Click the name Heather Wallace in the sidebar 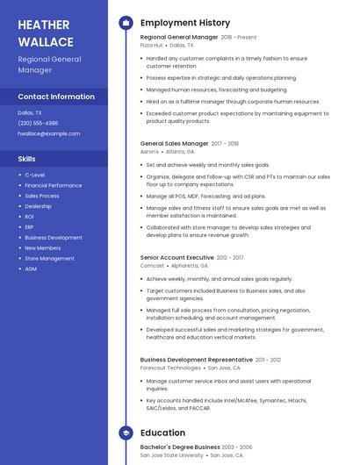(x=46, y=33)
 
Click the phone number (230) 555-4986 (x=38, y=123)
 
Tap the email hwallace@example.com (x=48, y=133)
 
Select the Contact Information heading (x=56, y=97)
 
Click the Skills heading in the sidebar (x=27, y=159)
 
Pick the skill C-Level (x=35, y=175)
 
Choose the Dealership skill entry (x=38, y=206)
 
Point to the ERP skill (x=30, y=227)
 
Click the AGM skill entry (x=31, y=268)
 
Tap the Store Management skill (x=49, y=258)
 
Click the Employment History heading (x=185, y=23)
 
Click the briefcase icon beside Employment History (x=126, y=23)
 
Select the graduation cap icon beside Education (x=126, y=433)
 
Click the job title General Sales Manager (x=175, y=143)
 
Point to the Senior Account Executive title (x=177, y=257)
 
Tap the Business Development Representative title (x=197, y=360)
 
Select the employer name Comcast (x=152, y=265)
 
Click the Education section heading (x=162, y=433)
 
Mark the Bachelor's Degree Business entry (x=180, y=447)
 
